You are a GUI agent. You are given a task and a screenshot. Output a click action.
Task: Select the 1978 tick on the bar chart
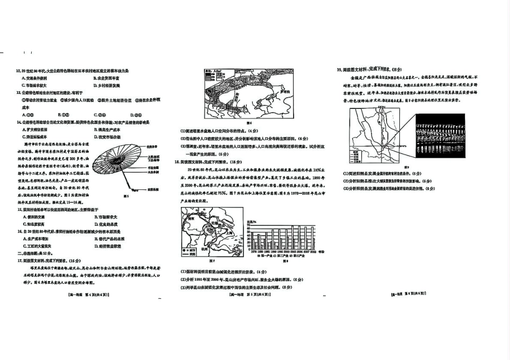[x=252, y=251]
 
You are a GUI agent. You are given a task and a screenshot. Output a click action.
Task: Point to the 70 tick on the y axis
[x=248, y=229]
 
